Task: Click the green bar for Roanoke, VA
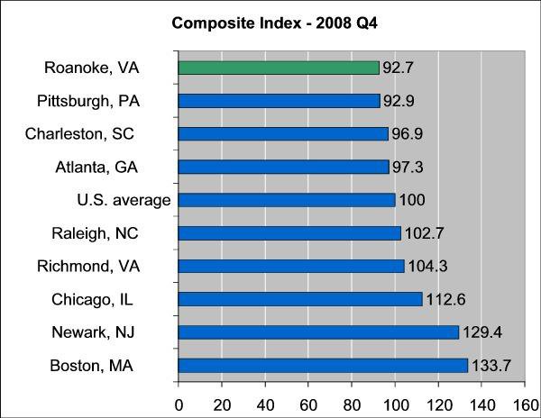point(279,68)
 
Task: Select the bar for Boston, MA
point(323,365)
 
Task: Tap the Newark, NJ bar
point(318,332)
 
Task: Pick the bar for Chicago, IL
point(300,298)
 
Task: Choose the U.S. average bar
point(287,200)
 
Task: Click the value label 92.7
point(398,68)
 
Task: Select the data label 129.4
point(481,332)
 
